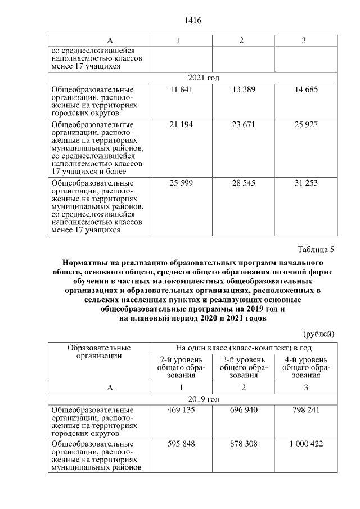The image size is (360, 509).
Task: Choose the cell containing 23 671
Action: pos(244,124)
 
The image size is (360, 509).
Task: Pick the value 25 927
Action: pos(307,124)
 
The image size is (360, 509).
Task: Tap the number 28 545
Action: pos(244,183)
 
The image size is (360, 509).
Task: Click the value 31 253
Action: pos(307,183)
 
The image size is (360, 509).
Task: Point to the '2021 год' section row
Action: pos(192,78)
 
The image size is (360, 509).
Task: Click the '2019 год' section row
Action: pos(192,399)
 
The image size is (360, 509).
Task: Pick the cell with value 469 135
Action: pos(181,410)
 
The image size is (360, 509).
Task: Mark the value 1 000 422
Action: pos(307,444)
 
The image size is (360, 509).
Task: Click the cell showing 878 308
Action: pos(244,444)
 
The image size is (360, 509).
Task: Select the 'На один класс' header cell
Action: pos(244,348)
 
